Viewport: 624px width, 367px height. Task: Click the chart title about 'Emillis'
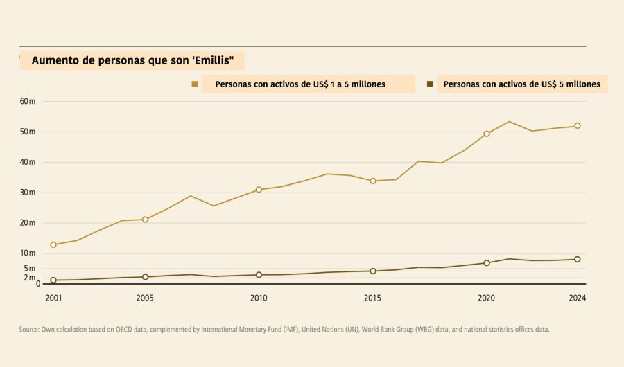click(x=137, y=61)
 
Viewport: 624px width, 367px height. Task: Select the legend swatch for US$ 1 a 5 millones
click(x=195, y=84)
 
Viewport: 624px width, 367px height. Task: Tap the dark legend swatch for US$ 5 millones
click(x=430, y=84)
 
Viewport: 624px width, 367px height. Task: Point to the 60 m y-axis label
click(x=28, y=102)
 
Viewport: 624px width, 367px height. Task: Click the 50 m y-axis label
click(x=28, y=132)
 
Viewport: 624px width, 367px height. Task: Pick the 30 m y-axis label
click(x=28, y=193)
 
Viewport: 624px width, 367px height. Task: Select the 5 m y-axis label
click(x=29, y=269)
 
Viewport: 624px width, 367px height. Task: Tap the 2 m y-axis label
click(x=29, y=278)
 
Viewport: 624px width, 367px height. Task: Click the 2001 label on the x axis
click(x=53, y=298)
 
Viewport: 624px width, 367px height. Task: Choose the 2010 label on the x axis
click(x=259, y=298)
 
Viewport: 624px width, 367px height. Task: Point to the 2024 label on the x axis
click(x=578, y=298)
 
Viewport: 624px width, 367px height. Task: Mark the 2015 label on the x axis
click(x=372, y=298)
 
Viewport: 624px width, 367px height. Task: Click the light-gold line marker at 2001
click(x=53, y=244)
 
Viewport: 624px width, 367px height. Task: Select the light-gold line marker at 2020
click(x=487, y=134)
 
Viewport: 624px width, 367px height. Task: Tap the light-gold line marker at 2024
click(x=578, y=126)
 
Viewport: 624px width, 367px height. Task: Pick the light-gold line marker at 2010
click(x=259, y=190)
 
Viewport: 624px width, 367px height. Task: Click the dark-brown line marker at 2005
click(x=145, y=277)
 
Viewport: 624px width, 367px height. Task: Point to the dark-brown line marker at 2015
click(x=373, y=271)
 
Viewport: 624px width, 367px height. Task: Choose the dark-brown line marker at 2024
click(x=578, y=260)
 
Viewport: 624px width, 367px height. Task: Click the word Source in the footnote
click(x=30, y=330)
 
